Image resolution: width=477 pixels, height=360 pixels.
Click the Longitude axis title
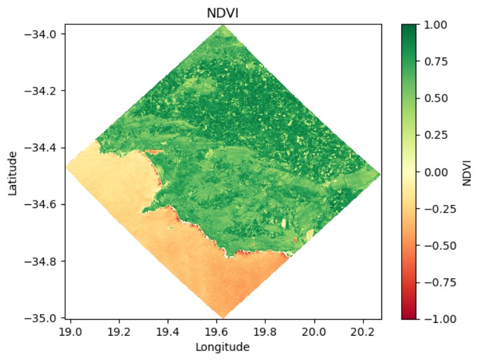click(x=223, y=347)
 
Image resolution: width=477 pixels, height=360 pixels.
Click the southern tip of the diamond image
click(x=223, y=317)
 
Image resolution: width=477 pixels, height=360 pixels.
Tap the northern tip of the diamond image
click(x=223, y=25)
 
